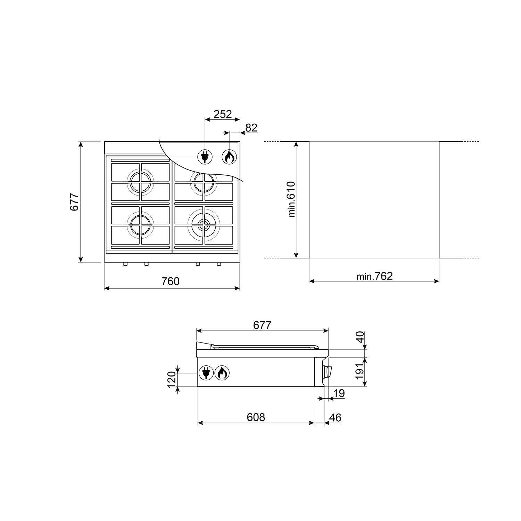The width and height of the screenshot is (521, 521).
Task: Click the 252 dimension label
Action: [223, 114]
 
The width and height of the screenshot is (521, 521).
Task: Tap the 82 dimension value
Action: [251, 128]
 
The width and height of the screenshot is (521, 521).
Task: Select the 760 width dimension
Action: [171, 281]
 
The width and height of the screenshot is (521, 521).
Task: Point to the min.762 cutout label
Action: [374, 276]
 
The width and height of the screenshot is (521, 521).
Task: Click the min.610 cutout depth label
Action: [291, 199]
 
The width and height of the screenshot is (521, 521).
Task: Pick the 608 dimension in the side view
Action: [256, 417]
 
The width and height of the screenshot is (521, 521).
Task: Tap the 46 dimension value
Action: [335, 417]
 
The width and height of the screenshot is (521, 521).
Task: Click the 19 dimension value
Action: [339, 394]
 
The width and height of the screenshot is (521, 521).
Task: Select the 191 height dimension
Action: [360, 371]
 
